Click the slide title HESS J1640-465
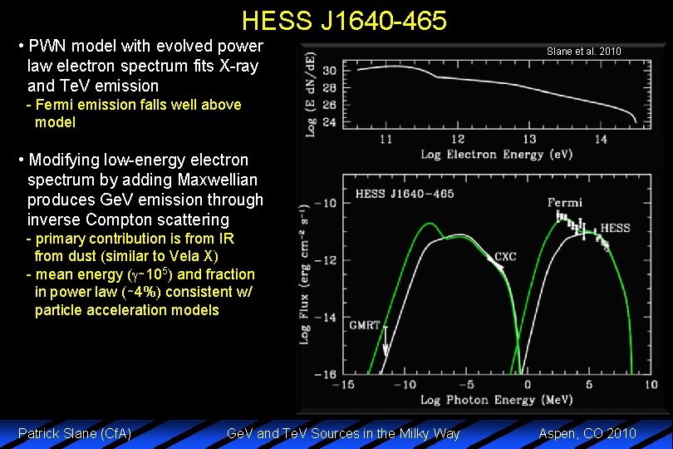(344, 19)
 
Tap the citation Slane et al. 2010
(583, 52)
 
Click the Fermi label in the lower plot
(565, 202)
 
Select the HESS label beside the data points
(615, 228)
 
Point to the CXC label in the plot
(505, 257)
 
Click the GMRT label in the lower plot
(366, 324)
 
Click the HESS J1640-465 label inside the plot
(405, 194)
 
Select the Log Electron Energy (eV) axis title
(484, 155)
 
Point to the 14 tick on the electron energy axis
(601, 139)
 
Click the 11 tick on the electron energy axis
(386, 139)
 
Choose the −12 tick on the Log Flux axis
(330, 260)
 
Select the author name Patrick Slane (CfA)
(75, 433)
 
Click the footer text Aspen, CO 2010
(587, 433)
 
